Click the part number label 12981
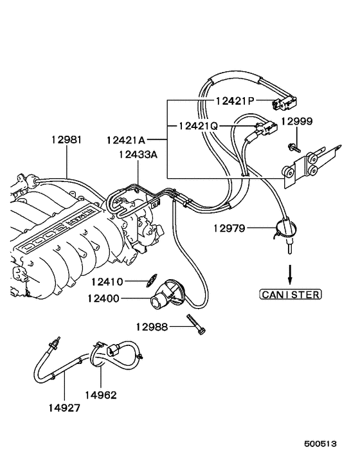(x=67, y=140)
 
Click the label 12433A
(x=137, y=154)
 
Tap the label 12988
(x=152, y=327)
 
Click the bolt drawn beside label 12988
(x=195, y=323)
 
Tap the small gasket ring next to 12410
(x=149, y=280)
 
